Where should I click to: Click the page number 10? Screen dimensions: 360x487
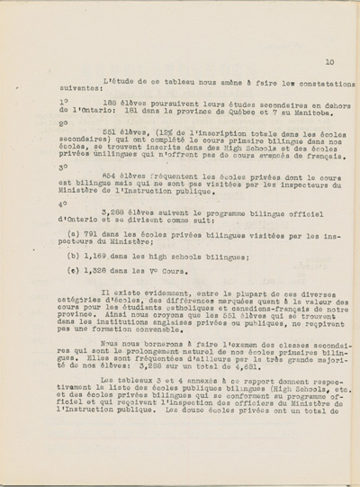[x=330, y=62]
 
